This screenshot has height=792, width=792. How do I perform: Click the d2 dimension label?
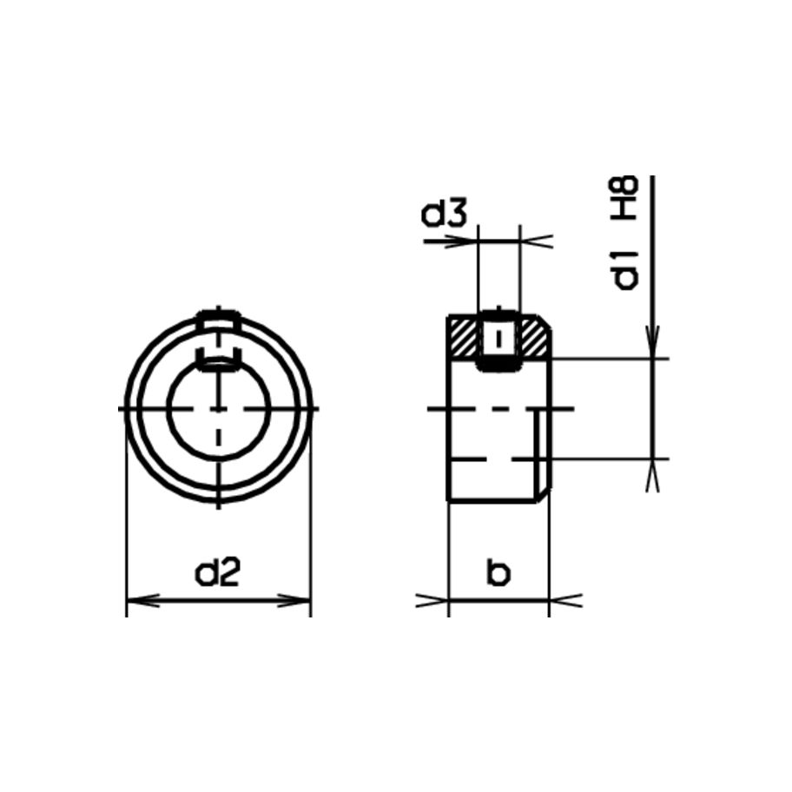click(x=217, y=573)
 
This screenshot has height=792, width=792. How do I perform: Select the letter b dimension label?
click(x=498, y=573)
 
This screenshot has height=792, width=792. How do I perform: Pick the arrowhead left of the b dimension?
click(x=433, y=599)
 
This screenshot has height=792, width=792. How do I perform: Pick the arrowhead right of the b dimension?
click(x=564, y=599)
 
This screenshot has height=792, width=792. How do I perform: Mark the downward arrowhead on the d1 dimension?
click(x=653, y=342)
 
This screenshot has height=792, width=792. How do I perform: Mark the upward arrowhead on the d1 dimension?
click(x=653, y=474)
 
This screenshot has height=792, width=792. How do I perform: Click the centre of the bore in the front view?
click(x=219, y=408)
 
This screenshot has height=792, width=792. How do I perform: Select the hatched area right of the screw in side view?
click(x=533, y=339)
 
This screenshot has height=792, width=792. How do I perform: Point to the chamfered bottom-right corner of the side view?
click(x=544, y=495)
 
